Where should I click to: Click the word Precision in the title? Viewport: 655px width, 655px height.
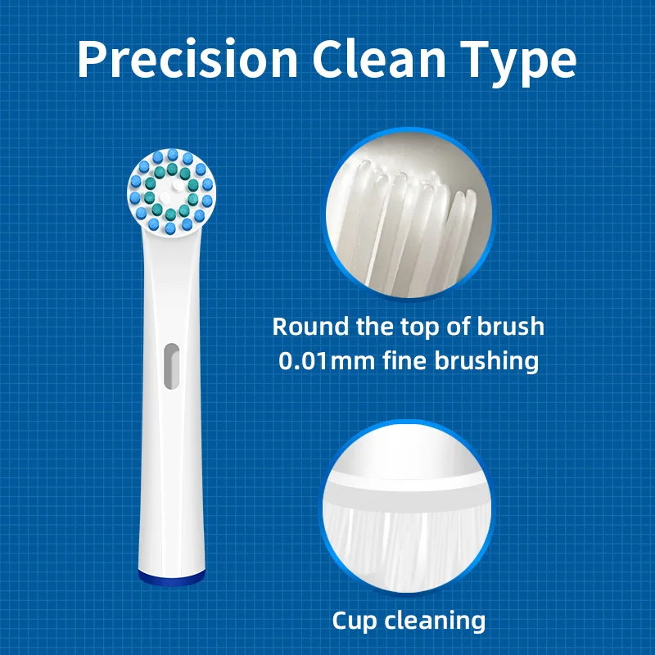pyautogui.click(x=187, y=59)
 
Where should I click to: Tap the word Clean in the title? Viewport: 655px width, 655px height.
pyautogui.click(x=379, y=59)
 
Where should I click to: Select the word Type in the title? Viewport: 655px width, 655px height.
pyautogui.click(x=519, y=64)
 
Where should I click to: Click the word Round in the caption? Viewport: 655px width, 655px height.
pyautogui.click(x=310, y=326)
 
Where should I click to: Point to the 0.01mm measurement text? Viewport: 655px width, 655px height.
pyautogui.click(x=326, y=361)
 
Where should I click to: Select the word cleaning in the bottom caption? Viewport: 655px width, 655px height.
pyautogui.click(x=435, y=621)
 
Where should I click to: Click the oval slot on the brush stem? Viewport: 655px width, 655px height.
pyautogui.click(x=171, y=366)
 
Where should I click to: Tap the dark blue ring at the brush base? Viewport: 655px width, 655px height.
pyautogui.click(x=172, y=577)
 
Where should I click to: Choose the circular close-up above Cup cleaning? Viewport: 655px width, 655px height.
pyautogui.click(x=407, y=508)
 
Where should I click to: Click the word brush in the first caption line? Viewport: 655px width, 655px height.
pyautogui.click(x=511, y=326)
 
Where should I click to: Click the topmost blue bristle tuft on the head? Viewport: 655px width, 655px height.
pyautogui.click(x=173, y=155)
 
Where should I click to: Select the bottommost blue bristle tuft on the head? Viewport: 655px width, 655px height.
pyautogui.click(x=169, y=228)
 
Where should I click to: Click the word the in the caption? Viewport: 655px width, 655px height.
pyautogui.click(x=374, y=326)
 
